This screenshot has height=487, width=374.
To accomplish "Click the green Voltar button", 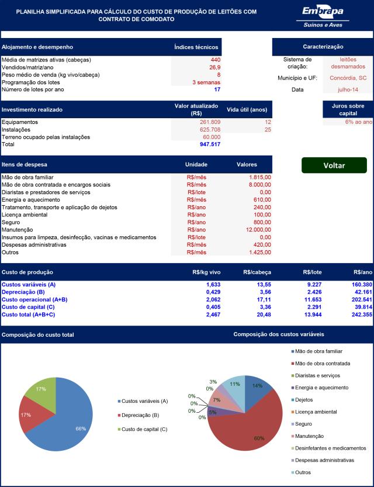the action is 334,165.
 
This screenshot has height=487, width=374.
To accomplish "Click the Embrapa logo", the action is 323,17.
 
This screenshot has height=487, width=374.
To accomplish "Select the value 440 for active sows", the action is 216,60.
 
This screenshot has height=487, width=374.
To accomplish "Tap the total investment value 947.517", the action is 210,144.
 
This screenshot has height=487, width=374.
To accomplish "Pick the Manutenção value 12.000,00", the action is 258,230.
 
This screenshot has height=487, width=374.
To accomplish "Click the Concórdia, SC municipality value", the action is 348,78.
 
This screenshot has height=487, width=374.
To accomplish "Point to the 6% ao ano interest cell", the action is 358,122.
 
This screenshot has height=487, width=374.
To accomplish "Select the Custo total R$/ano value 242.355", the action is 362,315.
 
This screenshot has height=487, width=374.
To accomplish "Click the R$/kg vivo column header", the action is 206,272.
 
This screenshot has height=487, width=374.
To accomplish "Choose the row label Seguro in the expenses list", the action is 11,222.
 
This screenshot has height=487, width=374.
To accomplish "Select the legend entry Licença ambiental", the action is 314,412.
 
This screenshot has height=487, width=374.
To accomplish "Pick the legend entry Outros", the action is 301,472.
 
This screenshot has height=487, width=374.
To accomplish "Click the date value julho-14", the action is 348,90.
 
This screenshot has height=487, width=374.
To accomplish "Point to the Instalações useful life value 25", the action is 268,130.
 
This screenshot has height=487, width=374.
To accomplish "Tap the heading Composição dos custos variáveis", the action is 279,334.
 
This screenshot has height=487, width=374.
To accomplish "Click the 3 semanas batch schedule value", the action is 206,82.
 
